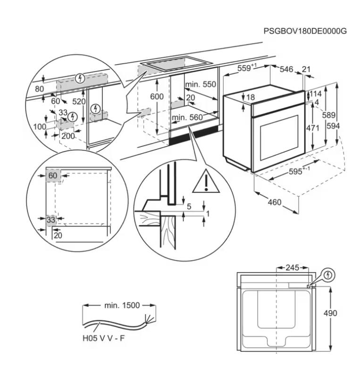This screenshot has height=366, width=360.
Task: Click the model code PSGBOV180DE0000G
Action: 305,31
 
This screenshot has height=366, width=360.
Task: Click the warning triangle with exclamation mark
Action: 206,182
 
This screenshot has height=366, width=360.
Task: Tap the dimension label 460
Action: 275,202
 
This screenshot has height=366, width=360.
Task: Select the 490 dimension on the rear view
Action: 330,313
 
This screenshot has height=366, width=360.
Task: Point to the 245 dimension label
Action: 293,267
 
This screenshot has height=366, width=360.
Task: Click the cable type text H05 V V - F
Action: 104,338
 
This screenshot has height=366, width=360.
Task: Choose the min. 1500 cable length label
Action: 122,305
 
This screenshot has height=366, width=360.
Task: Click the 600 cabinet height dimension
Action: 157,96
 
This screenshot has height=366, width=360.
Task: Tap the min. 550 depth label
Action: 201,84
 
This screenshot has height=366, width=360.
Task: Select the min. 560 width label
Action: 187,117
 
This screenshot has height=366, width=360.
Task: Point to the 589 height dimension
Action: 329,115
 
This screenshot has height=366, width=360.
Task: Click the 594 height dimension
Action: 333,126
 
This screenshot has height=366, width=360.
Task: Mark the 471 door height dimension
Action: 313,128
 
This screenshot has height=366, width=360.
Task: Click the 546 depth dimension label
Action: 286,69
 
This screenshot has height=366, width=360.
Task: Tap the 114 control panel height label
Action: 316,94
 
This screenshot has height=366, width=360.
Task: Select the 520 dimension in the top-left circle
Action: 79,101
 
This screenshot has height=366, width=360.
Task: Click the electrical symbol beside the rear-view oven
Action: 328,275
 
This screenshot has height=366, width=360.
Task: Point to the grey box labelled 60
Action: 53,175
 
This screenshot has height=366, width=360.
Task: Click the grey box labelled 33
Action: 51,220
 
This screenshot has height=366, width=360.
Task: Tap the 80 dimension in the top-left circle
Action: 40,89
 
